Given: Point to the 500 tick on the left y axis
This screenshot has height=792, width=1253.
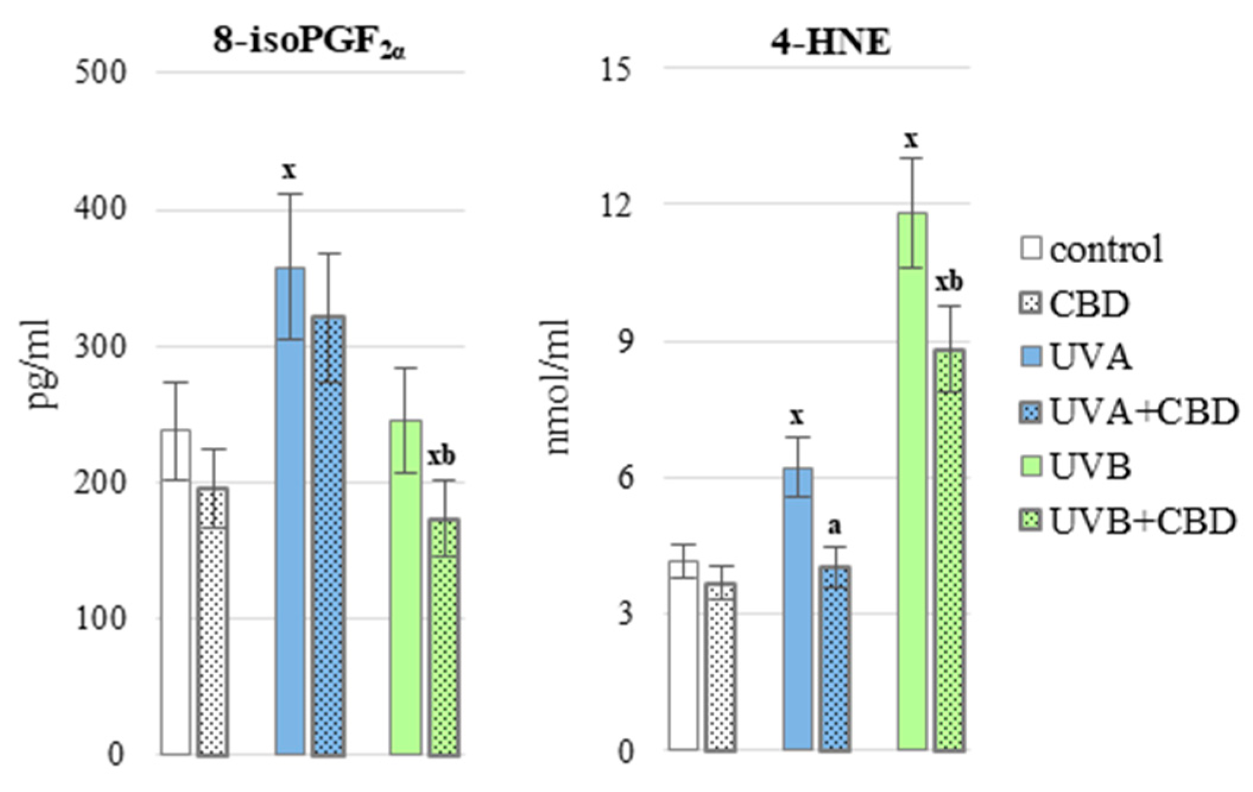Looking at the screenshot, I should coord(101,73).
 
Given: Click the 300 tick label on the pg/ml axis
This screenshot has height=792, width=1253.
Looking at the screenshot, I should coord(101,347).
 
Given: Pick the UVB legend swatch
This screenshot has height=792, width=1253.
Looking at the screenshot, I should coord(1031,467).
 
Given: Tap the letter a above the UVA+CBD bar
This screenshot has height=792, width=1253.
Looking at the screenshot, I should coord(834,526).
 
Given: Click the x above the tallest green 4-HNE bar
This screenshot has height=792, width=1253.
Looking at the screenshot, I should coord(911,140).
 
